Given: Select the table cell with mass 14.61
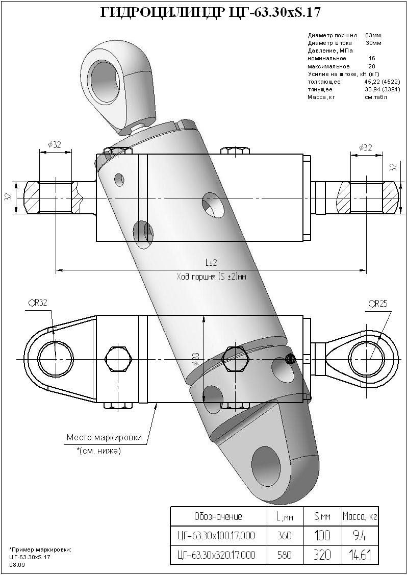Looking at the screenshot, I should coord(360,554).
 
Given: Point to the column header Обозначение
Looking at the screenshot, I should coord(218,516).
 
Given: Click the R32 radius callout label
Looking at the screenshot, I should coord(38,303).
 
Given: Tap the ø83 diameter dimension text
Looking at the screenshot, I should coord(195,360).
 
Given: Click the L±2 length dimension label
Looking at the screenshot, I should coord(211,263).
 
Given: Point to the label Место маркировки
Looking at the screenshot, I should coord(104,437).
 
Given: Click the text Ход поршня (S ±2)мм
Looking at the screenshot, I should coord(211,277).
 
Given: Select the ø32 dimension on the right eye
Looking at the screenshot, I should coord(365,147).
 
